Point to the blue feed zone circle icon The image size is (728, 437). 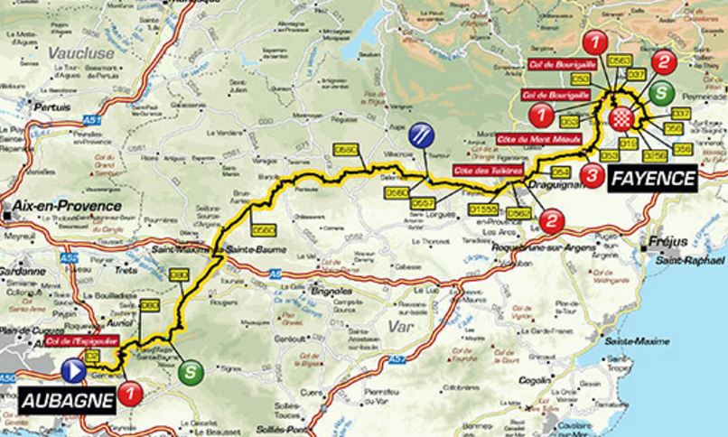420,136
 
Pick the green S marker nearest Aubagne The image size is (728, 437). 189,370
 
